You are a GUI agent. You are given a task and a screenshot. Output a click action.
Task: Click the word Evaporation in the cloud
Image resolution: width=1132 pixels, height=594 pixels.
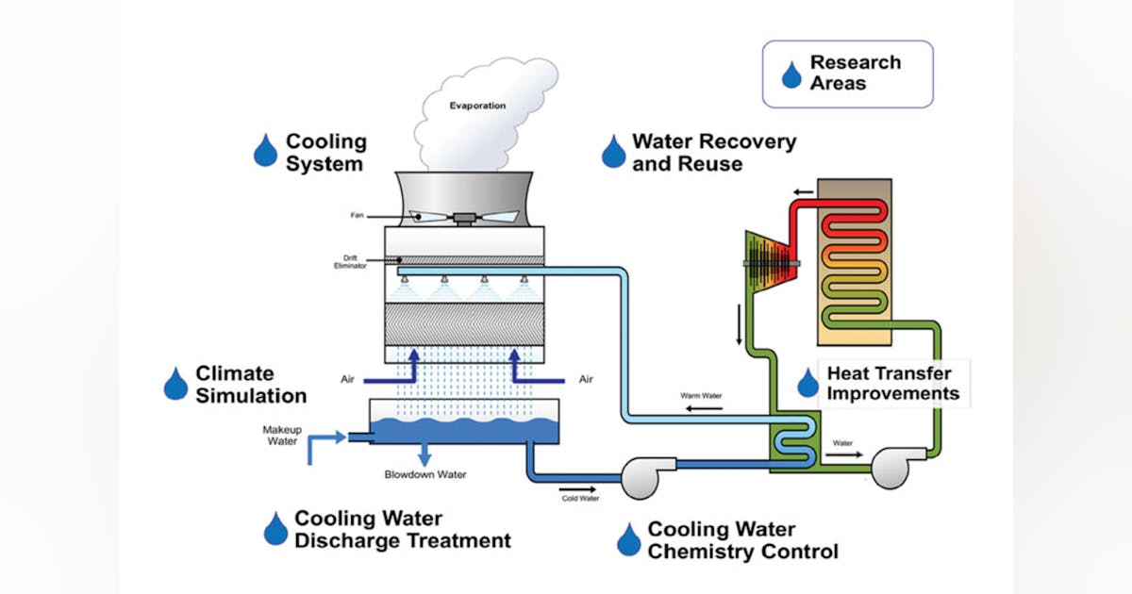pos(476,106)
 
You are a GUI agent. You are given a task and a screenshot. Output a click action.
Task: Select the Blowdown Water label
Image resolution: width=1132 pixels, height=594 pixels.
pos(424,474)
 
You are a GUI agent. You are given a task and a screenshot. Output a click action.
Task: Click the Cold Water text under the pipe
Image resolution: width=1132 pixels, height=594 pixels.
pos(580,499)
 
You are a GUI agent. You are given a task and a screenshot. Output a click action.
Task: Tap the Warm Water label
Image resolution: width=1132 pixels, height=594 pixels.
pos(701,395)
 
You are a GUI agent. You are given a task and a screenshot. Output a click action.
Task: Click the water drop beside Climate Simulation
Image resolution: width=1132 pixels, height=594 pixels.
pos(175,383)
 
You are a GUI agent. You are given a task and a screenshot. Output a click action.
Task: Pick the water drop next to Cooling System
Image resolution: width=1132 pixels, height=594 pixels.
pos(265,151)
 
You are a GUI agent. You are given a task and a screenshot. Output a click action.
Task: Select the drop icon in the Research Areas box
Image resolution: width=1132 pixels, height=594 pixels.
pos(791,74)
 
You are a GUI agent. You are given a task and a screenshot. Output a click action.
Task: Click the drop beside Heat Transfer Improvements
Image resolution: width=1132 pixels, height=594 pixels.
pos(807,383)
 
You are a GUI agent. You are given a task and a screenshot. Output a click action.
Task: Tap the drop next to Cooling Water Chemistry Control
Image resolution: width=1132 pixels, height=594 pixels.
pos(628,539)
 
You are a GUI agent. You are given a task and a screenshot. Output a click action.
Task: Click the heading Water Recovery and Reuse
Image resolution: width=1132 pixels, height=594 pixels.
pos(713,152)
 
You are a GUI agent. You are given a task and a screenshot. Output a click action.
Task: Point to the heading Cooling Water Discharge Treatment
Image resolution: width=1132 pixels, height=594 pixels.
pos(402,530)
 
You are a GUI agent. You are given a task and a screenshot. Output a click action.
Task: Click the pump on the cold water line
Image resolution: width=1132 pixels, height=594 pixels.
pos(641,476)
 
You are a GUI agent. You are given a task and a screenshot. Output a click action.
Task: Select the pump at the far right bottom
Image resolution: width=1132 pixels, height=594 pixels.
pos(891,467)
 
